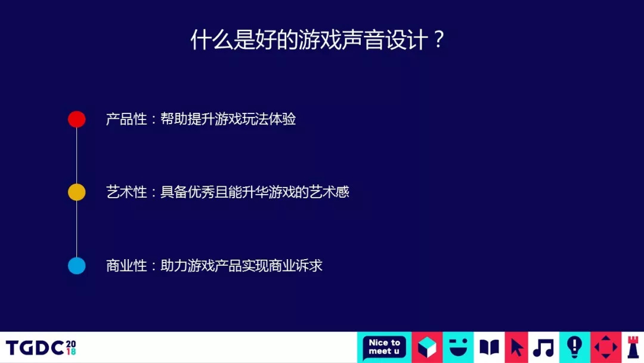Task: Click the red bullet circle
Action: tap(77, 119)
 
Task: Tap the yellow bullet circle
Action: tap(77, 192)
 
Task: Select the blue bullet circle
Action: tap(77, 266)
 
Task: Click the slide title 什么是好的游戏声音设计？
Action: tap(317, 40)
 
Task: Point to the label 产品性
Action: tap(126, 119)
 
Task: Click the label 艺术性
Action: tap(126, 192)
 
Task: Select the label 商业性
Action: tap(126, 266)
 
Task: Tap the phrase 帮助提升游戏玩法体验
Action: tap(228, 119)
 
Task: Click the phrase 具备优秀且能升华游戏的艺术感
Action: tap(255, 192)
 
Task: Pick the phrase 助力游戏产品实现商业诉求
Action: tap(241, 266)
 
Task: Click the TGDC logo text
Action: tap(41, 348)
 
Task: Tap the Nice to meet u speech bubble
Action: tap(384, 347)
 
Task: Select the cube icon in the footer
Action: tap(427, 347)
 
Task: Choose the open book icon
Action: tap(489, 347)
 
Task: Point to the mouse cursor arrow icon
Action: tap(516, 348)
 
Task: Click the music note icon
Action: tap(543, 348)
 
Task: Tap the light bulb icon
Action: tap(575, 347)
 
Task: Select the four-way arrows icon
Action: tap(606, 347)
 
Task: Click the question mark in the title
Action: tap(439, 40)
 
